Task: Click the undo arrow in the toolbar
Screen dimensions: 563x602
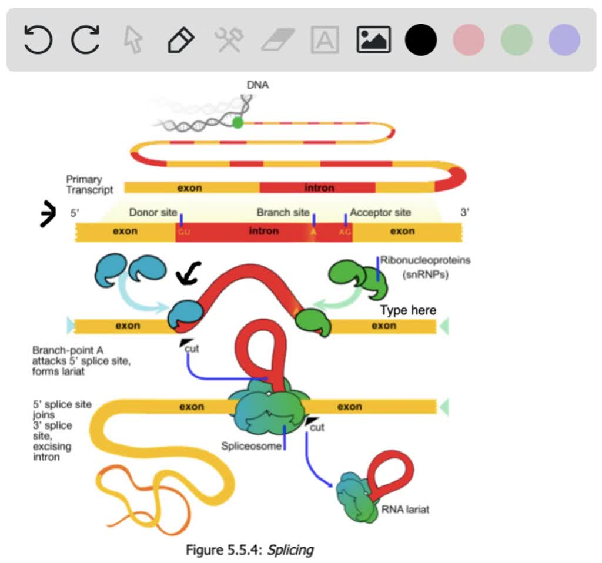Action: [38, 40]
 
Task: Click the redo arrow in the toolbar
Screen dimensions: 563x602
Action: [85, 40]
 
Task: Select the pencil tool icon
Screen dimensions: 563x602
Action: [180, 40]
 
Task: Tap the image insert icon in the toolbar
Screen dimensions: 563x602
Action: [373, 40]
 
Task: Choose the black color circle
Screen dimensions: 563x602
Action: [421, 40]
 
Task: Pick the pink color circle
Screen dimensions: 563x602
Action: [469, 40]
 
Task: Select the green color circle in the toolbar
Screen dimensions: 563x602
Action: [516, 40]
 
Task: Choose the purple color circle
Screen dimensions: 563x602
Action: [564, 40]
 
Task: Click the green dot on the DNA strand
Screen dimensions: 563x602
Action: [238, 123]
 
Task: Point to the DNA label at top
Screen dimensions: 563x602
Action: [257, 85]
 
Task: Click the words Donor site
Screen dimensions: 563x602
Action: [153, 212]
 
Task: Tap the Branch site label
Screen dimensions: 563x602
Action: [283, 212]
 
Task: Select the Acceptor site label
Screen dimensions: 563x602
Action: [380, 212]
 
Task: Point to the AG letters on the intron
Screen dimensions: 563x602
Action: [345, 232]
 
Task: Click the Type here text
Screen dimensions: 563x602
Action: [408, 310]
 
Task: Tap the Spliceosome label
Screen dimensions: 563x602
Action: [251, 445]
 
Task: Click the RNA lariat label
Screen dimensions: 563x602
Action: [405, 509]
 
